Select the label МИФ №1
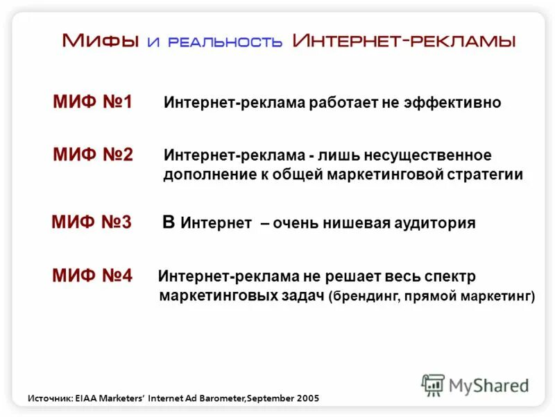coord(92,103)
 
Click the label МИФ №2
coord(92,154)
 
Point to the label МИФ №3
coord(91,223)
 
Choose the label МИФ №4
coord(92,275)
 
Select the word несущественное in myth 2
coord(428,155)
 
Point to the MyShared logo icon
coord(433,385)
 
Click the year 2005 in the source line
coord(307,398)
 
